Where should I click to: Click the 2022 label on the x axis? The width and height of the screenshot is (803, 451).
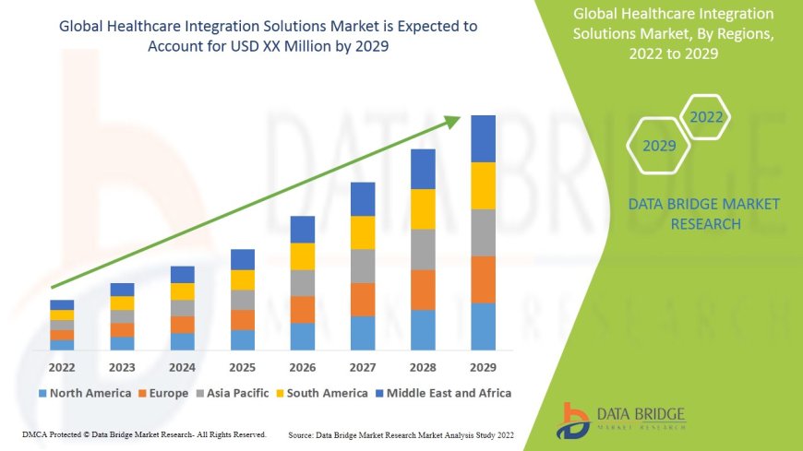point(62,367)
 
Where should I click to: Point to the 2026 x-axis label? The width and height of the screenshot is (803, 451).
point(303,367)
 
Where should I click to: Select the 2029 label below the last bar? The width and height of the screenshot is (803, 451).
point(484,367)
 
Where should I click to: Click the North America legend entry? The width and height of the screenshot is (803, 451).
point(84,393)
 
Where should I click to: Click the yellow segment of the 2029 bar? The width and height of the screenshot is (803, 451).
point(484,185)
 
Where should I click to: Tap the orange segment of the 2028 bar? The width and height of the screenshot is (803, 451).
point(423,290)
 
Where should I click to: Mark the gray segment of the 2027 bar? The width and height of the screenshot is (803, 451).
point(363,266)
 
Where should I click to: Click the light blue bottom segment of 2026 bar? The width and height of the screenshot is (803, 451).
point(303,337)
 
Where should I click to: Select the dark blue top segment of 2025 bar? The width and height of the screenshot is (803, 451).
point(243,259)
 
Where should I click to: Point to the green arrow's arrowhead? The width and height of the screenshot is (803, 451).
point(452,121)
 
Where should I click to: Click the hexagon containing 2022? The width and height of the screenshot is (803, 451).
point(706,117)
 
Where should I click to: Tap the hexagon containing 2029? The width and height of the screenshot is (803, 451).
point(659,146)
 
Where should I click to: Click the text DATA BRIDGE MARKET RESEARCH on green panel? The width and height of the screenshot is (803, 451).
point(703,214)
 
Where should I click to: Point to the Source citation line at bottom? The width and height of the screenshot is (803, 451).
point(401,434)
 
